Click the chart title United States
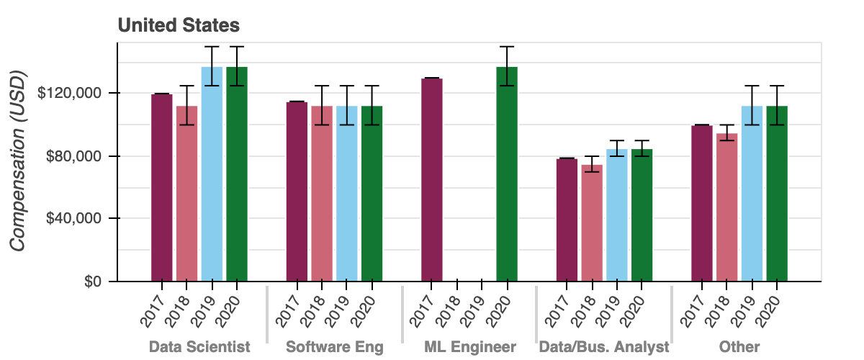[179, 25]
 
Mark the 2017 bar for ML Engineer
[432, 179]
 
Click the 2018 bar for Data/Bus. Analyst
[592, 222]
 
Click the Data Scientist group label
[199, 347]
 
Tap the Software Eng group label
[335, 347]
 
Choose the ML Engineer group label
[469, 347]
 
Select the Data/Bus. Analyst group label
[604, 347]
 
